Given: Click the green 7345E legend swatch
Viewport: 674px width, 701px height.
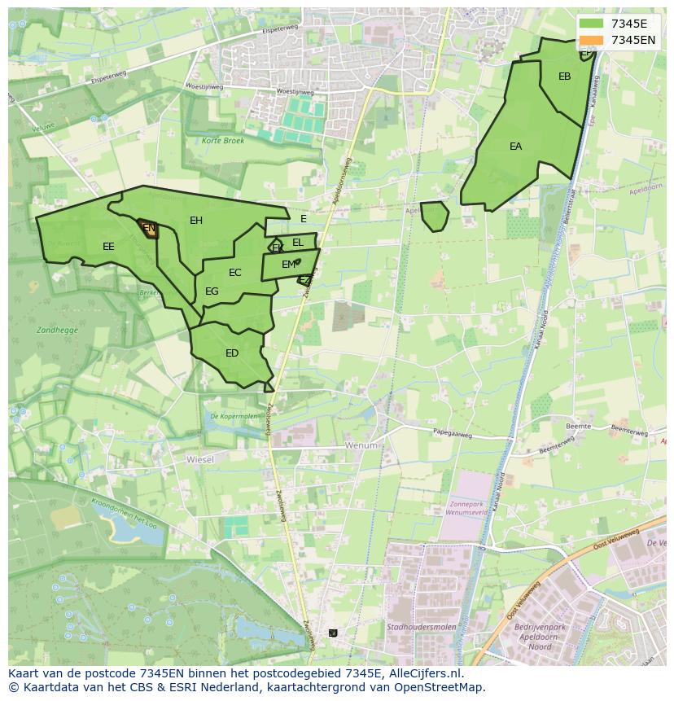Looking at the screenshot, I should point(592,24).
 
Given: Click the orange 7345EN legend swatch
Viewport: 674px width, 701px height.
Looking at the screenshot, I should point(592,40).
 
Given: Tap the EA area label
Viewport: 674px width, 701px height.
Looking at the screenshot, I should point(515,147).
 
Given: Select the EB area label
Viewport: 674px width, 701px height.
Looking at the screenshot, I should point(564,77).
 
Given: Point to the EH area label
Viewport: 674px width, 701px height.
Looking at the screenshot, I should point(196,221).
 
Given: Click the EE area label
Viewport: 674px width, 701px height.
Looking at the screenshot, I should point(108,247).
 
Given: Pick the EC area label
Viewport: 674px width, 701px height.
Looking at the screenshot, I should point(235,273).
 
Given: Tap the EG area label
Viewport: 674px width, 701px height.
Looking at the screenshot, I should point(212,291).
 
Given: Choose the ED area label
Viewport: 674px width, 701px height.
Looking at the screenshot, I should point(232,353).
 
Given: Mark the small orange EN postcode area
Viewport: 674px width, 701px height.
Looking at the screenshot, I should point(148,229).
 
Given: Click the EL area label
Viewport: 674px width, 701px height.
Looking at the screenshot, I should point(298,243).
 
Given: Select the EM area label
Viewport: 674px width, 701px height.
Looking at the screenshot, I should point(288,265).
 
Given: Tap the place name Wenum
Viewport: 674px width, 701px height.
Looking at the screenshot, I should point(361,446).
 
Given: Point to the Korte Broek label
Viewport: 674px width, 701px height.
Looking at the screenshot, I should point(223,141).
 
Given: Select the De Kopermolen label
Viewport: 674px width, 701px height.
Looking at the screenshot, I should point(233,416).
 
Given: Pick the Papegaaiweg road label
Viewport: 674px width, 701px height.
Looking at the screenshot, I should point(453,433).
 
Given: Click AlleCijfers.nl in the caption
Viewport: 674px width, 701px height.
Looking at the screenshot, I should point(422,673).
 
